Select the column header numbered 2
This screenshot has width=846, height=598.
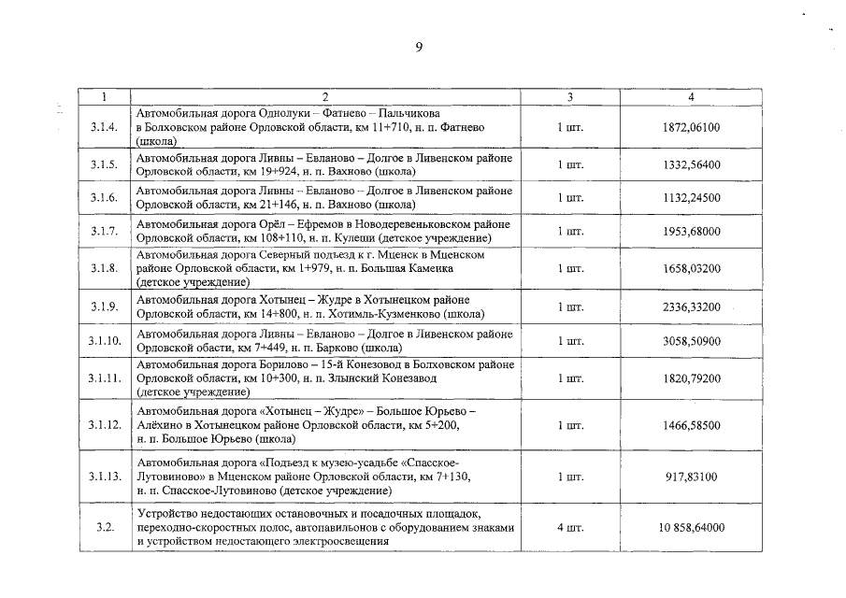point(324,96)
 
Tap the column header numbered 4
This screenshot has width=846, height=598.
point(691,96)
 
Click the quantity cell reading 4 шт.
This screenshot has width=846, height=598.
point(570,528)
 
